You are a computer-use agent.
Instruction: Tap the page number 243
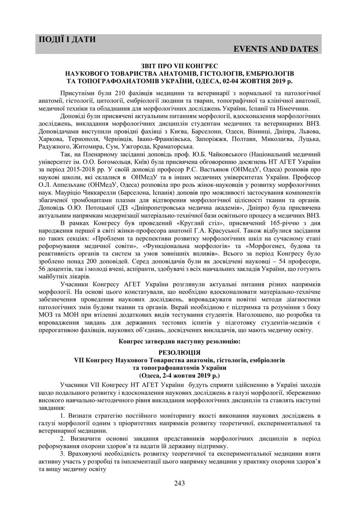click(180, 483)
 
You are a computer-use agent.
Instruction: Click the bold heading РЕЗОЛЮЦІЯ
click(179, 353)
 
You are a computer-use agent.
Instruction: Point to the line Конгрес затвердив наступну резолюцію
click(179, 342)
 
